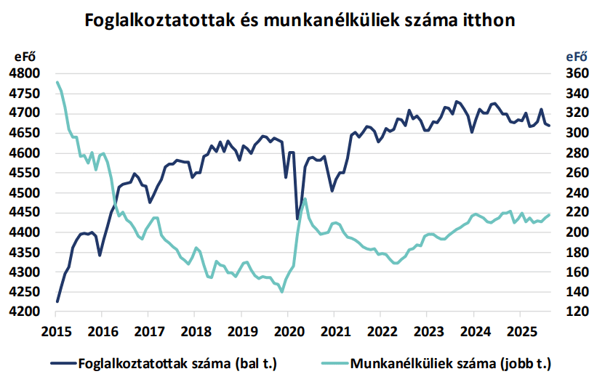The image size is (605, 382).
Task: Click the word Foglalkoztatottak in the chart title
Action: pos(159,20)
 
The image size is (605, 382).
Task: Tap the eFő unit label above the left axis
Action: pos(25,56)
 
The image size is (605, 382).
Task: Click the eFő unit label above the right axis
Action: pos(577,56)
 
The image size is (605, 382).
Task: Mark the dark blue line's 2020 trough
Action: pos(297,219)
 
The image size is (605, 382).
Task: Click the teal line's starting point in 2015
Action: pos(57,82)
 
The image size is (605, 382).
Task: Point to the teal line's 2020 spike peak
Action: pos(305,198)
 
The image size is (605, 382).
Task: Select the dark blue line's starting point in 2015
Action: pos(57,301)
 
